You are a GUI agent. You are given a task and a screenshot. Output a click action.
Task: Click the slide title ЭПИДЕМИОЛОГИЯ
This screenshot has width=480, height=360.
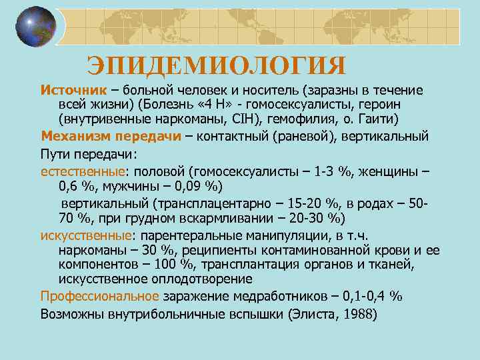coord(217,66)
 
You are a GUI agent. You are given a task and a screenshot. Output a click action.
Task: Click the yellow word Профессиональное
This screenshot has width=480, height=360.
coord(99,297)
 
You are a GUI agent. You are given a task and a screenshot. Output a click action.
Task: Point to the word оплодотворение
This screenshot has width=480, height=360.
coord(209,280)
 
